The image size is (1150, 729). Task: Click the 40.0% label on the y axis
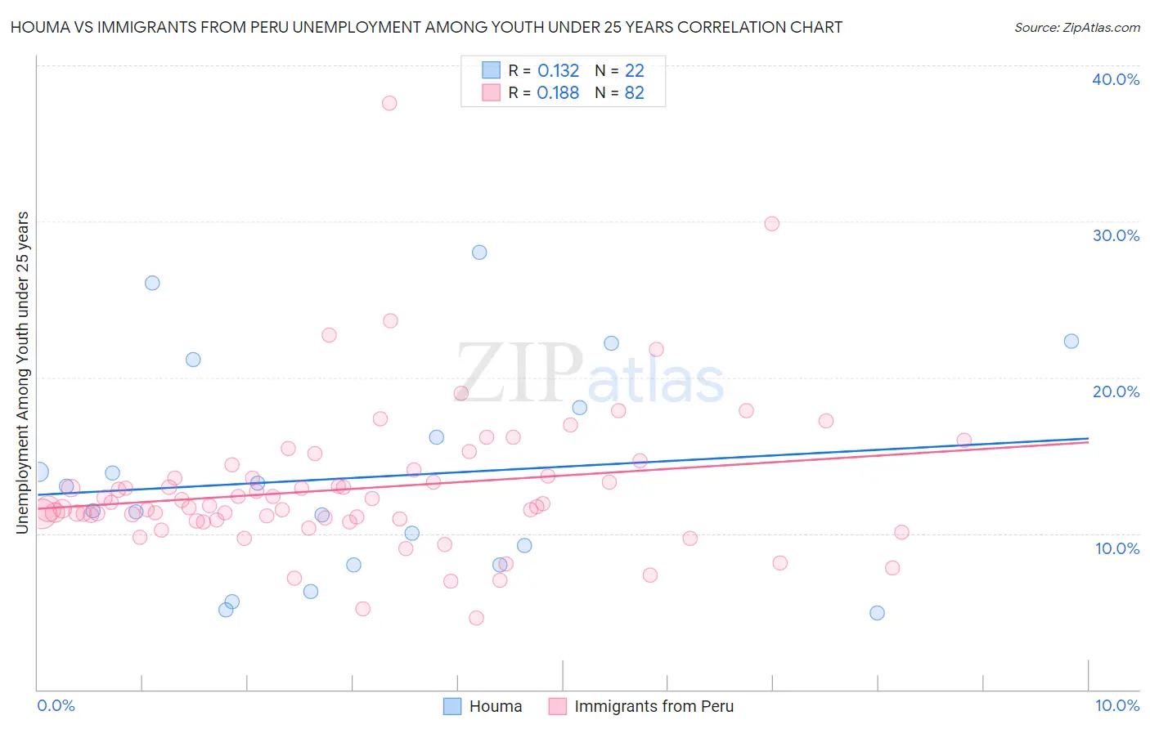tap(1116, 79)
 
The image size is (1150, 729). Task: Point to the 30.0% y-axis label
tap(1116, 235)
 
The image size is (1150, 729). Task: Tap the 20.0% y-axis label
tap(1116, 391)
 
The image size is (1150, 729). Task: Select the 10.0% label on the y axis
tap(1117, 548)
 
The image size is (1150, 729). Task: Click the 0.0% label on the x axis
tap(56, 705)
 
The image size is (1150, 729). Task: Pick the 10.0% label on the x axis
tap(1116, 705)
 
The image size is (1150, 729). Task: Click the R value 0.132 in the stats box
tap(558, 71)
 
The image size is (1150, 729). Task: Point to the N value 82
tap(635, 93)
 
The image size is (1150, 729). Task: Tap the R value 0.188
tap(558, 93)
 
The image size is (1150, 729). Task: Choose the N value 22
tap(635, 71)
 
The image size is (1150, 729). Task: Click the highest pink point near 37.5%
tap(389, 103)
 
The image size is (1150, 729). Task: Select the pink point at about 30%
tap(771, 224)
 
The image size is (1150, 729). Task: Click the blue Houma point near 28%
tap(479, 253)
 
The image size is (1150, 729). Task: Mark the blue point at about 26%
tap(152, 283)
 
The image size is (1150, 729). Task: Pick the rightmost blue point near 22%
tap(1071, 342)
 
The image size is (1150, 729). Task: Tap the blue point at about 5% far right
tap(877, 613)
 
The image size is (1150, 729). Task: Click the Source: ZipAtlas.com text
tap(1076, 28)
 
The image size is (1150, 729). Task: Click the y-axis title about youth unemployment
tap(22, 373)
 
